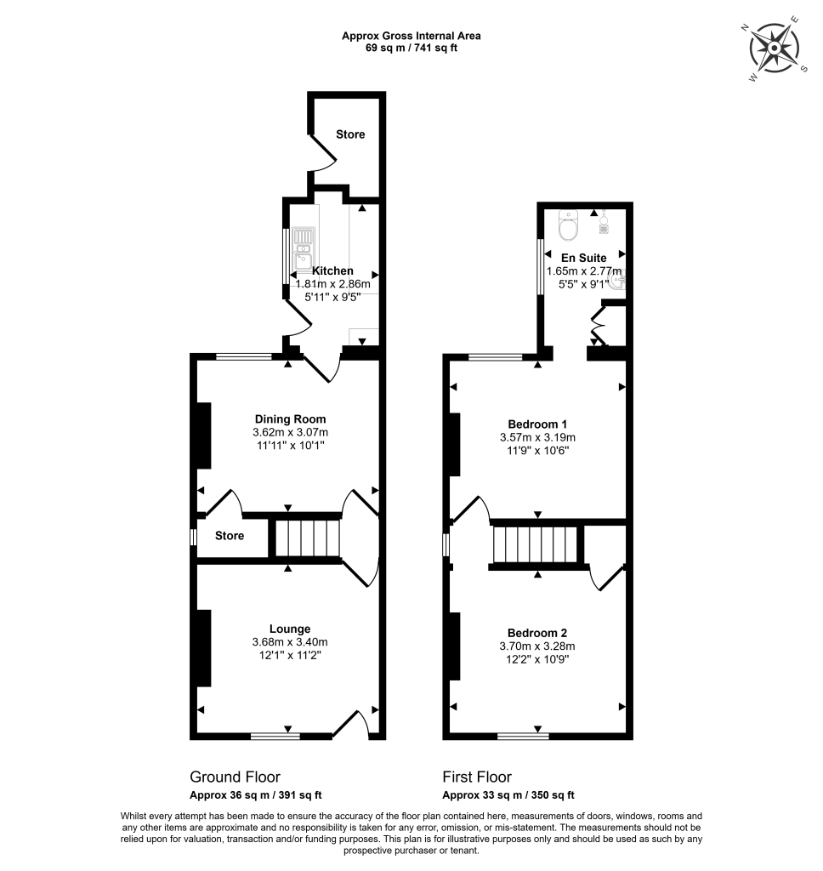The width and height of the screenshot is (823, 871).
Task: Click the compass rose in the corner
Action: point(775,48)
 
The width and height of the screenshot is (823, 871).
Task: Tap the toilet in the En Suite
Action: point(567,228)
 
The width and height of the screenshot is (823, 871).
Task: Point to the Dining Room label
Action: point(290,419)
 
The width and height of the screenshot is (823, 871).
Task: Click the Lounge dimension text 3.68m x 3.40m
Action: point(290,642)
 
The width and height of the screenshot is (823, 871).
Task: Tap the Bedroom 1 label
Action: point(537,424)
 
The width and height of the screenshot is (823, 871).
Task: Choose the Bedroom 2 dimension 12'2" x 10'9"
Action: point(537,659)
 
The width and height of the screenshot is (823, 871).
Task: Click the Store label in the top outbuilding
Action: point(349,134)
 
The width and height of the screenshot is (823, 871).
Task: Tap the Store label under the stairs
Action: point(230,536)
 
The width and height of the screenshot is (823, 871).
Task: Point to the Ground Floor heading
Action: point(235,777)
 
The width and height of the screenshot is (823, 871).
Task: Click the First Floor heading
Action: point(477,777)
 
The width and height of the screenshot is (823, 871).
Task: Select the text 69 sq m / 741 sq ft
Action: point(411,48)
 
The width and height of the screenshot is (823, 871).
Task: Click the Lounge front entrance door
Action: point(351,725)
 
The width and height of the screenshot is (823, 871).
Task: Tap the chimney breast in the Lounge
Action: point(204,647)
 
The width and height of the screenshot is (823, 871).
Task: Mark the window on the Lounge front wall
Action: point(275,736)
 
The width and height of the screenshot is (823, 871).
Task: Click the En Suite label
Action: point(583,258)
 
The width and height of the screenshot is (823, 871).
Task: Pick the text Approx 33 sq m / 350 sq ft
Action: point(508,796)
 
